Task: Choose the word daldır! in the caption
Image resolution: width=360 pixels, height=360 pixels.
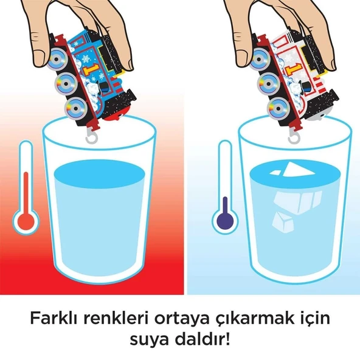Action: pyautogui.click(x=204, y=340)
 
